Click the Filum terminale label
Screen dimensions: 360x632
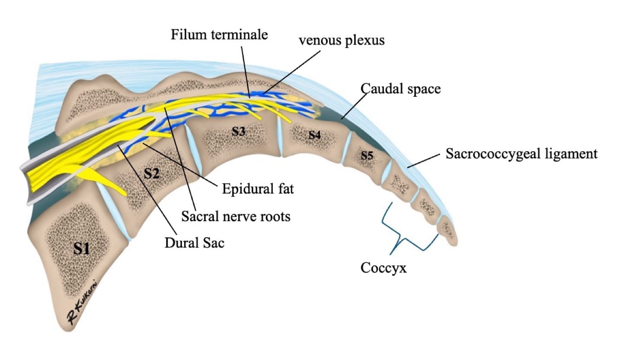[219, 35]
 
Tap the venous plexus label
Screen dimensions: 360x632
[342, 40]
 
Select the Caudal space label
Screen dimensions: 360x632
[401, 89]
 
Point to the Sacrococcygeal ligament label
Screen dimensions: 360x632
[521, 154]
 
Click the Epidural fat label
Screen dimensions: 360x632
[258, 189]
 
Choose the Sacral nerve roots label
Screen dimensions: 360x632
[236, 216]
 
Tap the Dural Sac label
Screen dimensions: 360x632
[195, 243]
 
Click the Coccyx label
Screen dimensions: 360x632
[383, 268]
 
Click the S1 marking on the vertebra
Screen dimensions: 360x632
[82, 248]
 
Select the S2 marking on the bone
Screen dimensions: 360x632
[152, 173]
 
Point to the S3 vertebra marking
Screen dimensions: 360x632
[238, 131]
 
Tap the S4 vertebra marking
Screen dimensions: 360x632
[315, 135]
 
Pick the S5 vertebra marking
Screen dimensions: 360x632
[367, 155]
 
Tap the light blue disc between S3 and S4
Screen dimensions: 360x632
[280, 136]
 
